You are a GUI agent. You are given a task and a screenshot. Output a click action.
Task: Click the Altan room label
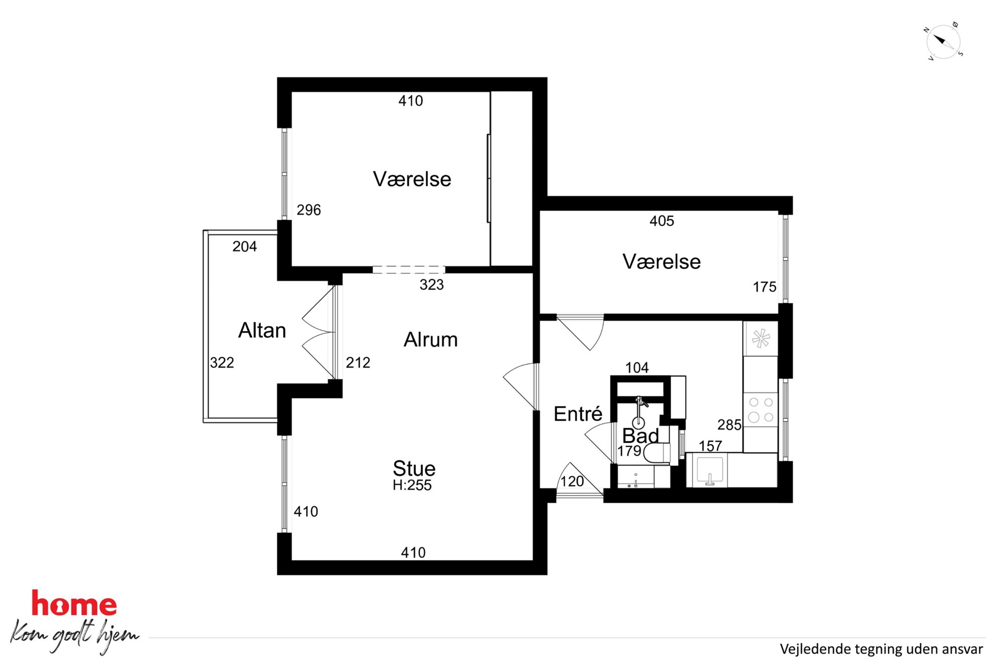(262, 330)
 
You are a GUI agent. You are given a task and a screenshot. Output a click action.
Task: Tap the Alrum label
(431, 340)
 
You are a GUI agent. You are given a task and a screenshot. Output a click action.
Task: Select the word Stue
(414, 468)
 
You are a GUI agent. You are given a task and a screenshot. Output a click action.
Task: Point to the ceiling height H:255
(412, 485)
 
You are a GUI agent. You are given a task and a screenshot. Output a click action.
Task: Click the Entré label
(578, 414)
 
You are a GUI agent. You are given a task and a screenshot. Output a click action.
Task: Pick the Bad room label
(640, 435)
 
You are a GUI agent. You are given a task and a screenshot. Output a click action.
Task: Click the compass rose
(943, 42)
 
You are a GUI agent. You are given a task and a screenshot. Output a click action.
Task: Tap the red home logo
(74, 603)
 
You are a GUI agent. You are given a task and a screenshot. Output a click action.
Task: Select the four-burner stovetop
(760, 410)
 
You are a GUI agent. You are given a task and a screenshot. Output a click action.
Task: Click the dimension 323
(432, 285)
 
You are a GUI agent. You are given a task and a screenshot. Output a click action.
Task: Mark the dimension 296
(308, 210)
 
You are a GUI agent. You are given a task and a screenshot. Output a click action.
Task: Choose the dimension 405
(661, 221)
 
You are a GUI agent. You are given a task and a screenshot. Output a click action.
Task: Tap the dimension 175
(764, 287)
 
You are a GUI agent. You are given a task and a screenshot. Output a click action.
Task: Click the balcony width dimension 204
(245, 246)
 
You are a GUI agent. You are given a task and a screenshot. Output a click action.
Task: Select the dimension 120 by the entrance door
(572, 481)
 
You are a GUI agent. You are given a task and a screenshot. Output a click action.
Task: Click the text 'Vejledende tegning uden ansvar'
(881, 649)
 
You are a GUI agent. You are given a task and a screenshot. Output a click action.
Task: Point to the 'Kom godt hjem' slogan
(74, 635)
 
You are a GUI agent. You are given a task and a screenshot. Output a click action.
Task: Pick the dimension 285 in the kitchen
(729, 425)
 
